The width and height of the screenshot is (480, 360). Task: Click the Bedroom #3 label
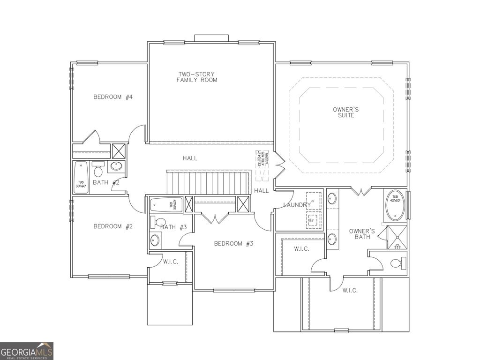[233, 243]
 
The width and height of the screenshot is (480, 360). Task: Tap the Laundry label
[297, 205]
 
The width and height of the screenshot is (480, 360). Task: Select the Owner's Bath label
[362, 234]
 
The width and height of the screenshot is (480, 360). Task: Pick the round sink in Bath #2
[116, 166]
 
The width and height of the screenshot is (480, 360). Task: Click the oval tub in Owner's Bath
[395, 206]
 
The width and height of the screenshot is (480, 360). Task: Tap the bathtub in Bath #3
[164, 204]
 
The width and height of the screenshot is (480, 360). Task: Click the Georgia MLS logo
[27, 351]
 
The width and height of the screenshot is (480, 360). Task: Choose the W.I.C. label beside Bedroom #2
[170, 262]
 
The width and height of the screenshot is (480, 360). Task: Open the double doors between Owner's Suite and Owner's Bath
[361, 192]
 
